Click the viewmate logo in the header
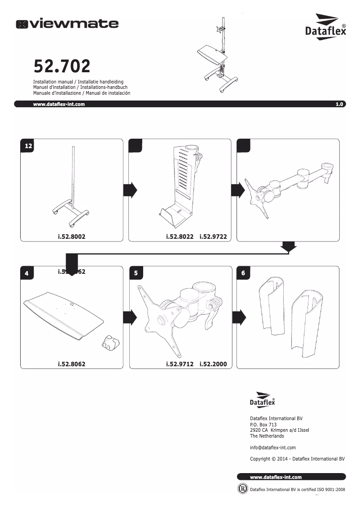(x=67, y=24)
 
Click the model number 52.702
(x=62, y=67)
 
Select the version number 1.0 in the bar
(x=339, y=104)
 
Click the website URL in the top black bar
(x=59, y=104)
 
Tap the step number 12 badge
(x=28, y=146)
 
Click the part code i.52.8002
(x=71, y=236)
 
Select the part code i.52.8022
(x=180, y=236)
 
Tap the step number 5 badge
(x=136, y=273)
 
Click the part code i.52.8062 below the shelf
(x=71, y=364)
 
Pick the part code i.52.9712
(x=180, y=364)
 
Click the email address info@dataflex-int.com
(x=272, y=448)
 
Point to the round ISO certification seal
(x=242, y=488)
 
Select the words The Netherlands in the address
(x=267, y=436)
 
